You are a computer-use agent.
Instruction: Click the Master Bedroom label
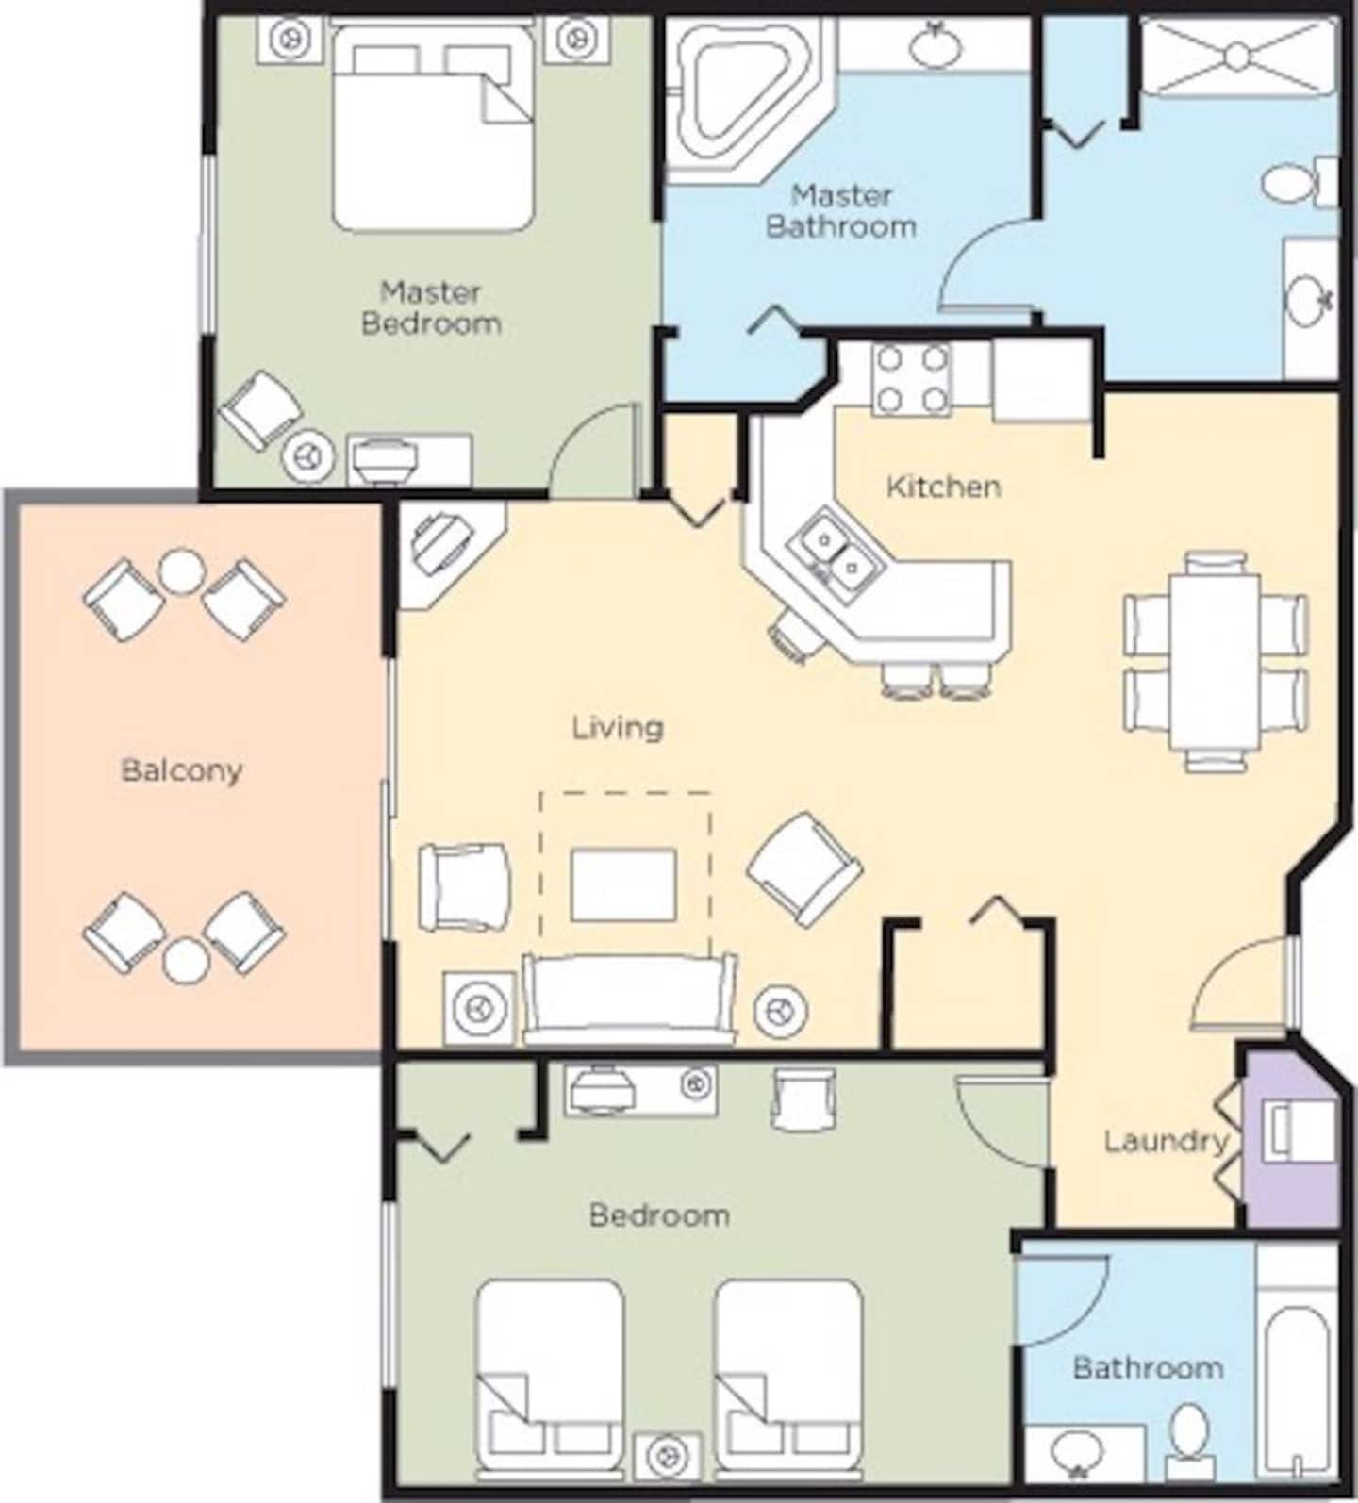(431, 307)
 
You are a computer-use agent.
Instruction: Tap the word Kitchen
(944, 487)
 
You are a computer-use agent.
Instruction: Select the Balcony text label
(182, 770)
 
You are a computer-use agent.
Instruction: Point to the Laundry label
(1167, 1142)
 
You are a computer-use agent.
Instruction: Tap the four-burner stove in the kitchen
(911, 380)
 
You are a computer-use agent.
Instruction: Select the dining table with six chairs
(1216, 661)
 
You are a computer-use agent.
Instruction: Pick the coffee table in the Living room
(623, 884)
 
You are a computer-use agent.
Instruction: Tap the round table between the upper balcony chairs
(180, 570)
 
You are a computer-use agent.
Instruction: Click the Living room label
(619, 727)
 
